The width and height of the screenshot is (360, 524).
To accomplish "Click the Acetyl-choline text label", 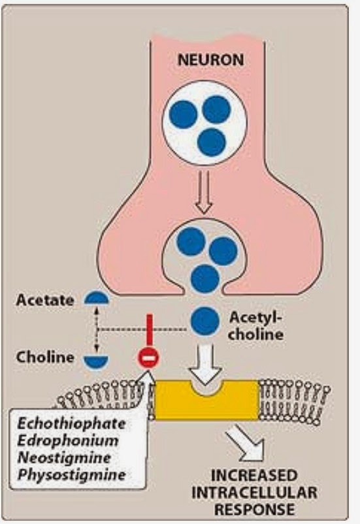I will point(255,325).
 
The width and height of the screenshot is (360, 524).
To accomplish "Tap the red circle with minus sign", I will point(146,358).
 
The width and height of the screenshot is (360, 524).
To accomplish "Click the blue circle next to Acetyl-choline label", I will point(205,320).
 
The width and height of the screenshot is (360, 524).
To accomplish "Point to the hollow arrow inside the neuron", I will point(205,200).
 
